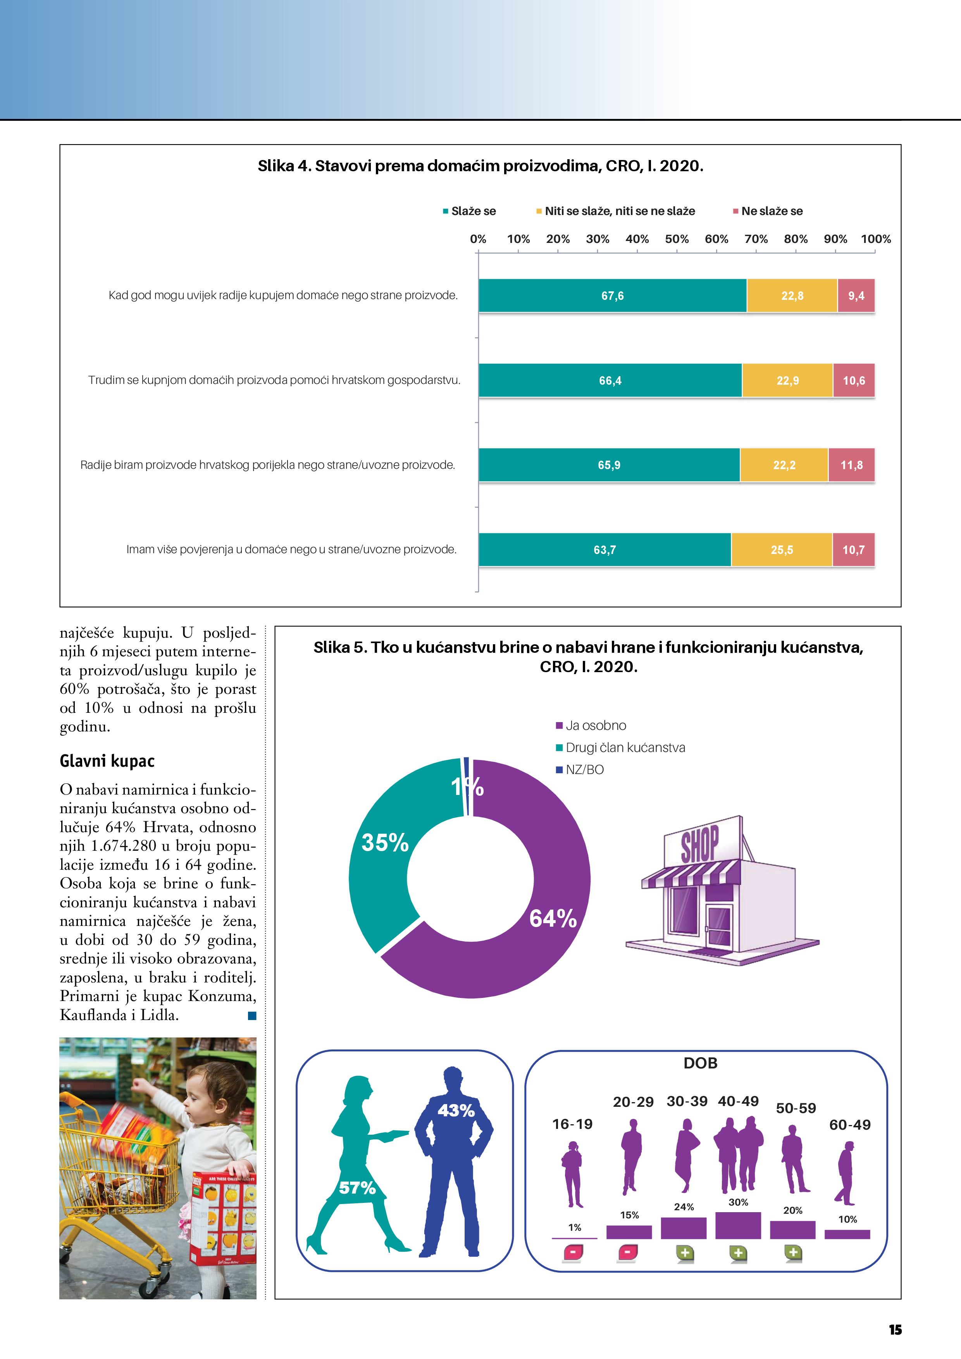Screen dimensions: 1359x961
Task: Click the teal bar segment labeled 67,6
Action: [x=612, y=295]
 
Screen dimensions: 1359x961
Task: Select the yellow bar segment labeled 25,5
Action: [x=782, y=550]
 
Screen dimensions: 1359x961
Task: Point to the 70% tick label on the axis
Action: [x=756, y=239]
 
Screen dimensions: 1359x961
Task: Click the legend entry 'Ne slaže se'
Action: [x=772, y=211]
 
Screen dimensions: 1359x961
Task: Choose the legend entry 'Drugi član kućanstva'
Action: [x=625, y=748]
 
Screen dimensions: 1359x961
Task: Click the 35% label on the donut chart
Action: [x=385, y=842]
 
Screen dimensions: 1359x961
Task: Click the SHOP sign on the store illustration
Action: [x=700, y=843]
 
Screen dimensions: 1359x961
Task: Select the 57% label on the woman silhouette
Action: [x=357, y=1187]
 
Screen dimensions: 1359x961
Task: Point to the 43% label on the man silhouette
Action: [x=456, y=1110]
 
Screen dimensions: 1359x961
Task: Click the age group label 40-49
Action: [x=738, y=1101]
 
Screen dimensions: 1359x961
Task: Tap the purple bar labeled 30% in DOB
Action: [x=738, y=1225]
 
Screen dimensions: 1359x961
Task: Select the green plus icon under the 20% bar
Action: [x=793, y=1252]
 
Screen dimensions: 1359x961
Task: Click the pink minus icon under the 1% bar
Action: [x=573, y=1252]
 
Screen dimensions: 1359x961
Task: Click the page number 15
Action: [x=895, y=1330]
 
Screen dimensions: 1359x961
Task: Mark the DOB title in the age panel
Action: [x=701, y=1063]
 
